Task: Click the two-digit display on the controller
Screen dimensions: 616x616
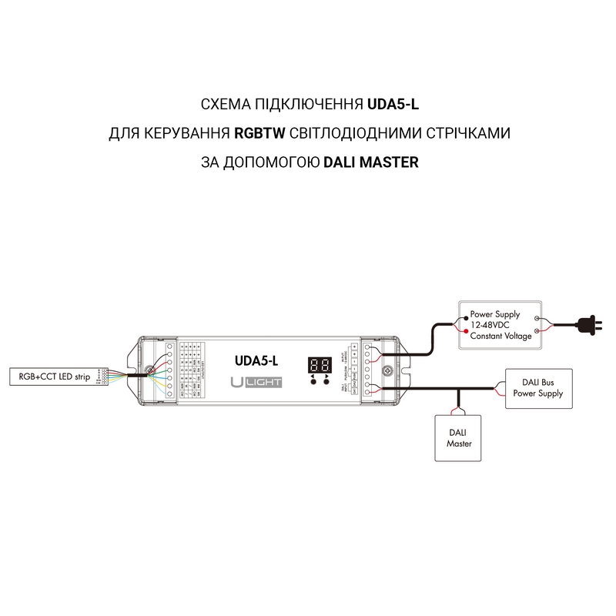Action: pyautogui.click(x=320, y=364)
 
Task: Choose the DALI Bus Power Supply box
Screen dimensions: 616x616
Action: pyautogui.click(x=538, y=388)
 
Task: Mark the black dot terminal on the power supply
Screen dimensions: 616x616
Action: pyautogui.click(x=464, y=319)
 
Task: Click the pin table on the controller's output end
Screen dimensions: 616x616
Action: pyautogui.click(x=191, y=370)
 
